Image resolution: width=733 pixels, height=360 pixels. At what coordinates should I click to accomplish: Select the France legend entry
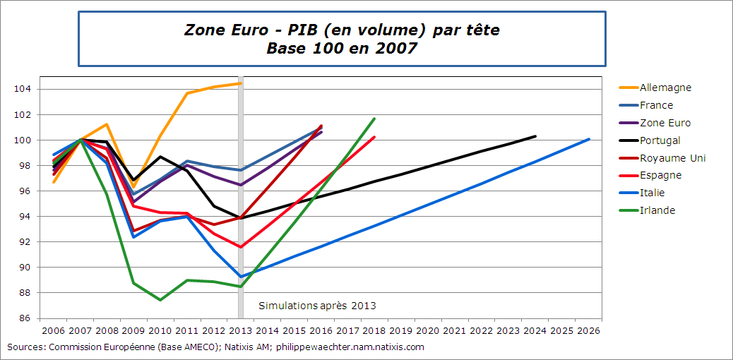pos(655,105)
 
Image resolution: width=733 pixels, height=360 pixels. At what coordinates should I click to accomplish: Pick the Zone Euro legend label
pos(665,123)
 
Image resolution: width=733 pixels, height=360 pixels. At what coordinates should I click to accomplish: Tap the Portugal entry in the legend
pos(660,140)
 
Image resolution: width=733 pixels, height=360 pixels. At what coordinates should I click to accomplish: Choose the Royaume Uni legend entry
pos(672,158)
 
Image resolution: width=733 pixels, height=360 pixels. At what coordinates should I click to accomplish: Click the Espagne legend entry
pos(660,175)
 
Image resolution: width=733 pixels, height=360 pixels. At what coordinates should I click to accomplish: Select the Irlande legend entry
pos(657,210)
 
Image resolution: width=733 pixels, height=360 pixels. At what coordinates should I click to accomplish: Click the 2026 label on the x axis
pos(588,330)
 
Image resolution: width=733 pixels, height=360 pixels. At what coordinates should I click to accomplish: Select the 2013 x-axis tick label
pos(241,330)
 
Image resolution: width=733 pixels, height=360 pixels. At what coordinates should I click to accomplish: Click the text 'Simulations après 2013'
pos(317,306)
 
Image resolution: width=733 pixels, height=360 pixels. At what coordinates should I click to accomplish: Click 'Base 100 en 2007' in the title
pos(342,49)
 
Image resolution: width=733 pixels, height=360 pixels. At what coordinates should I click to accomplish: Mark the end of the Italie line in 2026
pos(589,139)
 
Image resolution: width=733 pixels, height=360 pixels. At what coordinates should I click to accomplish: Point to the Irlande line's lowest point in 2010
pos(160,300)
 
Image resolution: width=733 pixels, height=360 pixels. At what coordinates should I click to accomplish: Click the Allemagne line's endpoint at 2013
pos(241,83)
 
